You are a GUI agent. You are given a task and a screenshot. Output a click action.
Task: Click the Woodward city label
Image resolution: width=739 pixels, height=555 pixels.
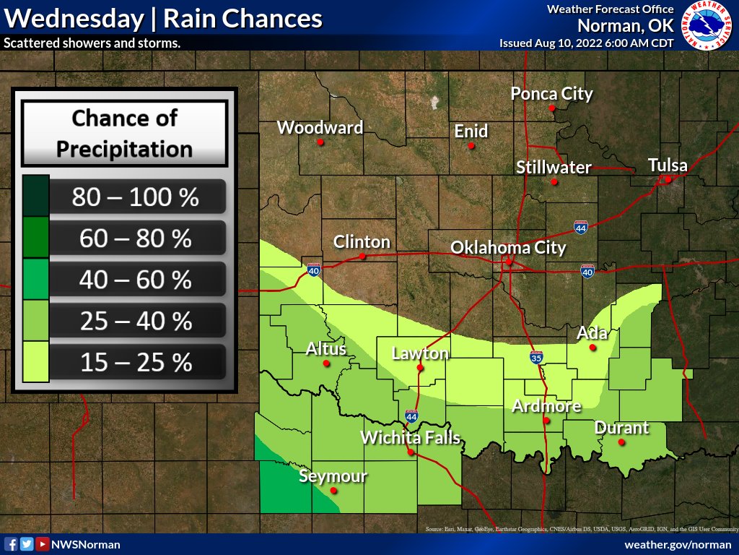point(320,128)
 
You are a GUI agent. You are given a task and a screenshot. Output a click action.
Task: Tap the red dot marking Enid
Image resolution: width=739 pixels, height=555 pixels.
point(471,145)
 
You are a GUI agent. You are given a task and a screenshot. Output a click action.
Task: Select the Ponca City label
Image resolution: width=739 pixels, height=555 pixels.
point(551,93)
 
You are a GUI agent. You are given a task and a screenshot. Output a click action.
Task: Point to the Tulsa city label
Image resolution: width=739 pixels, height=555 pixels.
point(668,164)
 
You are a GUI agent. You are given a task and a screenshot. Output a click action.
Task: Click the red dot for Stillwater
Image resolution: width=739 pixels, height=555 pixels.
point(554,181)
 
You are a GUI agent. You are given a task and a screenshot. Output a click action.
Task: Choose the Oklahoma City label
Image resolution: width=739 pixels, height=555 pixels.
point(508,248)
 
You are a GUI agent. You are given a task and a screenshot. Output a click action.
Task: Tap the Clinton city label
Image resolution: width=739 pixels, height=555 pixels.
point(362,241)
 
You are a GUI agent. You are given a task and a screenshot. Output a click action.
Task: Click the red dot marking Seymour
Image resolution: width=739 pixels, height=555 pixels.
point(333,491)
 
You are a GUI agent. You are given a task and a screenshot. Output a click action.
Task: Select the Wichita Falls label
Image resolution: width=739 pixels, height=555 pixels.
point(410,437)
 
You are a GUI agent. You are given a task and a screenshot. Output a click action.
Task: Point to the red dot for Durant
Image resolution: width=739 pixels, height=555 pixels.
point(622,441)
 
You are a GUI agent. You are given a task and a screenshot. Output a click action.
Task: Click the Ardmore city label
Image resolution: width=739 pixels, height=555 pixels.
point(546,406)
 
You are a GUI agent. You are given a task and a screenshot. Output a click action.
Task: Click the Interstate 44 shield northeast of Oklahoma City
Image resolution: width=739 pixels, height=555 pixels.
point(581,228)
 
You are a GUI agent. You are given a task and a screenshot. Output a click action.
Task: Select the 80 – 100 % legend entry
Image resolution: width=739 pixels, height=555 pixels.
point(135,197)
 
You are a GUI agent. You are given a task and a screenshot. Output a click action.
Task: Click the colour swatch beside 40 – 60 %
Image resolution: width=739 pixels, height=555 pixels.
point(35,279)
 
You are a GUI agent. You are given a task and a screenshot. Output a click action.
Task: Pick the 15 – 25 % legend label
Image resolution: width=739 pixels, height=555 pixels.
point(135,361)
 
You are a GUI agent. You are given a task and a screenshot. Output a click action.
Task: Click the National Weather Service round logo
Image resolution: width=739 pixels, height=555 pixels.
point(707,26)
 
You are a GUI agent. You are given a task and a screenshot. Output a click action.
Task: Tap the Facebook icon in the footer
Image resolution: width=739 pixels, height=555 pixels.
point(11,544)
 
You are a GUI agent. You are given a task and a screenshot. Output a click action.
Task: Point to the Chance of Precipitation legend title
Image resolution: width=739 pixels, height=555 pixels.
point(124,133)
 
